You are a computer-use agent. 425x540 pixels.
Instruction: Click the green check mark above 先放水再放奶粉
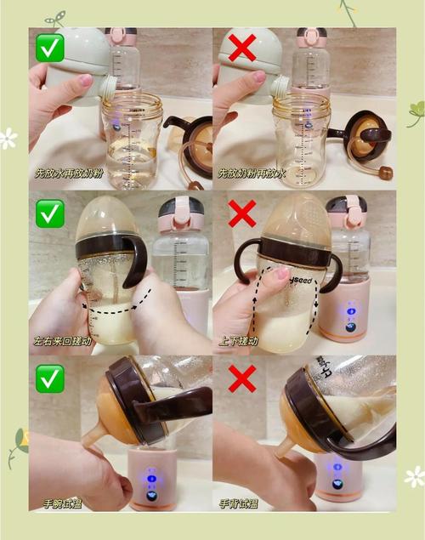(50, 48)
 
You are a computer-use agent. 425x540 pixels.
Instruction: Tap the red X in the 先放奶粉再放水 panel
(243, 48)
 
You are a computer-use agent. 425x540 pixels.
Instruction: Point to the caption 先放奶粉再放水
(252, 173)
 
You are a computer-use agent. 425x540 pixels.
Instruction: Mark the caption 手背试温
(239, 503)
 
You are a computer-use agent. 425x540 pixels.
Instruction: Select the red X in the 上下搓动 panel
(243, 213)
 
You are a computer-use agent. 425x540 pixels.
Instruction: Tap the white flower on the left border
(8, 139)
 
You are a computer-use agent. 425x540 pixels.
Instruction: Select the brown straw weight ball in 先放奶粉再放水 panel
(386, 173)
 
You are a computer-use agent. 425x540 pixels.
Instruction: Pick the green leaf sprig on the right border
(415, 112)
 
